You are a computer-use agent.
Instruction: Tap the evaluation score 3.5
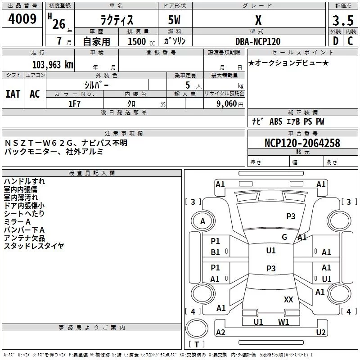coord(342,21)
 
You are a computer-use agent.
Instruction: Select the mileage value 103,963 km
coord(53,64)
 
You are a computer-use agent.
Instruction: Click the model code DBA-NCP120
coord(258,41)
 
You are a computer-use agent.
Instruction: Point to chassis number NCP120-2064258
coord(302,143)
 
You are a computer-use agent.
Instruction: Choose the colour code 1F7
coord(74,103)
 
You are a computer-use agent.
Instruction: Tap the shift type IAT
coord(13,94)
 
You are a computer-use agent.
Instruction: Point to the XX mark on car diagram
coord(288,299)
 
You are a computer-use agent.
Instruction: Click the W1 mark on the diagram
coord(283,322)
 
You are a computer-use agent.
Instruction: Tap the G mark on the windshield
coord(284,237)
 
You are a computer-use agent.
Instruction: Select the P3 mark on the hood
coord(291,216)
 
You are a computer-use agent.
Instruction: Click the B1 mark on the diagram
coord(216,252)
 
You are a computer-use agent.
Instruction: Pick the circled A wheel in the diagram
coord(202,221)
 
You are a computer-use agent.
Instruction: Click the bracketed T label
coord(197,345)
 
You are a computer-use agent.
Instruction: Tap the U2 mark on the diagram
coord(321,333)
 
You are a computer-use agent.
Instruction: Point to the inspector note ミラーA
coord(18,222)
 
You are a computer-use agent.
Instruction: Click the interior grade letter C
coord(350,41)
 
